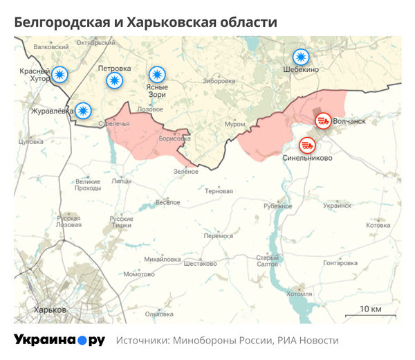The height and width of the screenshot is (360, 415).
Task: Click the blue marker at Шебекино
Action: point(300,57)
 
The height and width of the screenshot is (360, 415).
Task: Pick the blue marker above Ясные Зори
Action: point(158,74)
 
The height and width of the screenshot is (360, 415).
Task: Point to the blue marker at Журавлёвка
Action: point(83,109)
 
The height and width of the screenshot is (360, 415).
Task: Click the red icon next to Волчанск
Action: point(323,122)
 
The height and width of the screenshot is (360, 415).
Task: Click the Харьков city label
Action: point(50,309)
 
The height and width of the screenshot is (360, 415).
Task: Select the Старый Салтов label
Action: point(267,261)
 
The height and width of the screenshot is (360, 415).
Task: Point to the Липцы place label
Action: point(121,181)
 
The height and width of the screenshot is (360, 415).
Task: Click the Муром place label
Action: point(235,123)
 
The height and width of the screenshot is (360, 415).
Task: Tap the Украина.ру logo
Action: point(59,340)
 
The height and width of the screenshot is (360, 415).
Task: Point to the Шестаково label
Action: point(200,263)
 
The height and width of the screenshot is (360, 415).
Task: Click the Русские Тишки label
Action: point(122,222)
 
